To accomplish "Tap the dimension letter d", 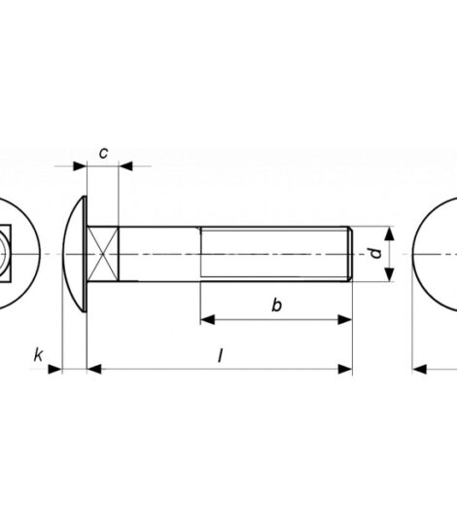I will (374, 253).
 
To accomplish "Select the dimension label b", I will (276, 306).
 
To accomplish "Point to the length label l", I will (221, 356).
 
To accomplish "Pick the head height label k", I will (38, 356).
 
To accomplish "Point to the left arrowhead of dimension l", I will (93, 368).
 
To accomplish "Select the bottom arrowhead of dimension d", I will (390, 274).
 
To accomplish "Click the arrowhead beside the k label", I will (56, 368).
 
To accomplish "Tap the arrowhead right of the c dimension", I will (124, 166).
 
